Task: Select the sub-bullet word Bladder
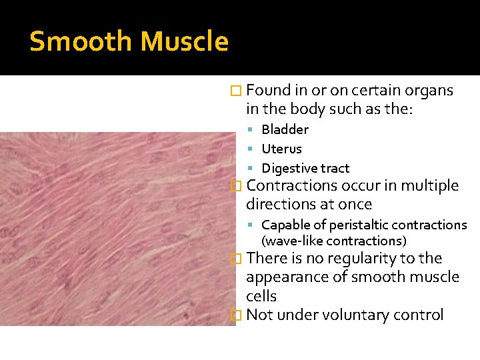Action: point(285,129)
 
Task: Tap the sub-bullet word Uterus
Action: point(281,149)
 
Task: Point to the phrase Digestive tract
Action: point(305,169)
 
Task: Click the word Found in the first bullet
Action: point(267,91)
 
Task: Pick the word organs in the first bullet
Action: point(429,91)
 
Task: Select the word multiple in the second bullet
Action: point(429,185)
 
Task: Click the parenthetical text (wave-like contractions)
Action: point(333,241)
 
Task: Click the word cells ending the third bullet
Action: point(261,296)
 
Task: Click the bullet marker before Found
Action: point(233,91)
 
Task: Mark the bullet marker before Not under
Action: point(233,316)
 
